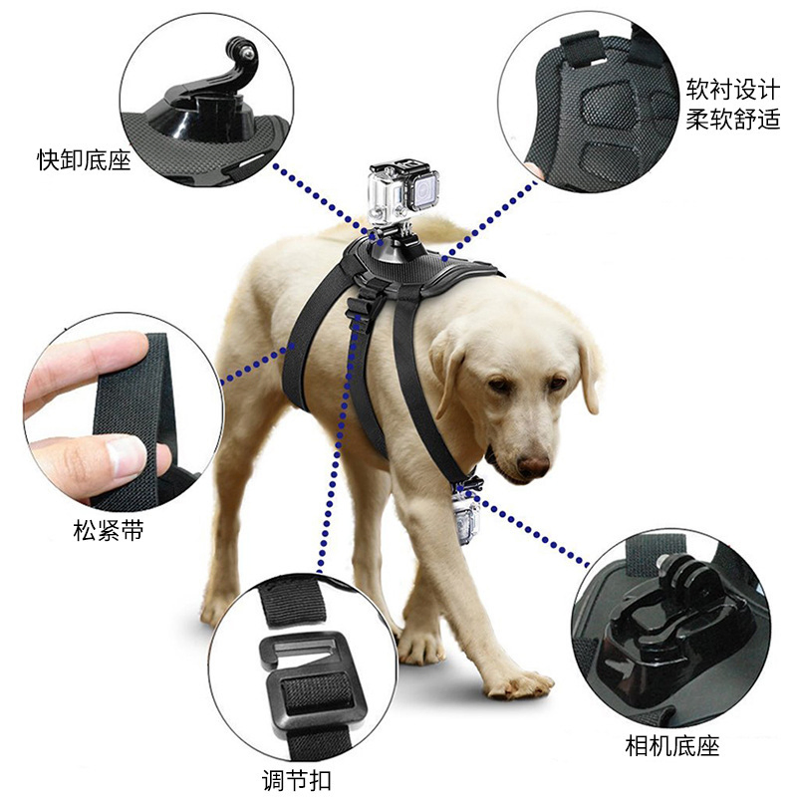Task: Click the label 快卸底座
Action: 84,159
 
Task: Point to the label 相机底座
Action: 671,745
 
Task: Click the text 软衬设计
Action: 732,89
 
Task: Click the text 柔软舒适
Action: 732,121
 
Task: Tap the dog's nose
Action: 533,465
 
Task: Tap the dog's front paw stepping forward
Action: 519,683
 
